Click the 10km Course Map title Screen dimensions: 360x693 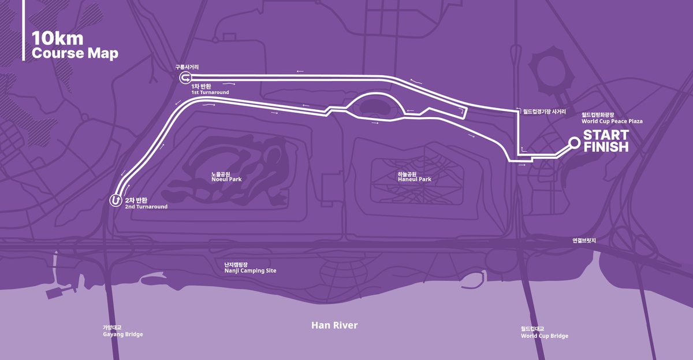pyautogui.click(x=74, y=46)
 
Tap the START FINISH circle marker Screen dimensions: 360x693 pyautogui.click(x=574, y=142)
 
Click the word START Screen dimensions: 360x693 pyautogui.click(x=606, y=135)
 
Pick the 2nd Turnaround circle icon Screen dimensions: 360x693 pyautogui.click(x=115, y=200)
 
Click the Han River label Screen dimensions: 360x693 pyautogui.click(x=334, y=325)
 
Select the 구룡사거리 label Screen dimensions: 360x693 pyautogui.click(x=187, y=67)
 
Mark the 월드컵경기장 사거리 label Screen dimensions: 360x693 pyautogui.click(x=544, y=112)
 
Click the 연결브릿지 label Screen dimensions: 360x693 pyautogui.click(x=584, y=240)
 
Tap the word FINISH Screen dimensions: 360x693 pyautogui.click(x=606, y=147)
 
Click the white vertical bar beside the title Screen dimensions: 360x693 pyautogui.click(x=23, y=30)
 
